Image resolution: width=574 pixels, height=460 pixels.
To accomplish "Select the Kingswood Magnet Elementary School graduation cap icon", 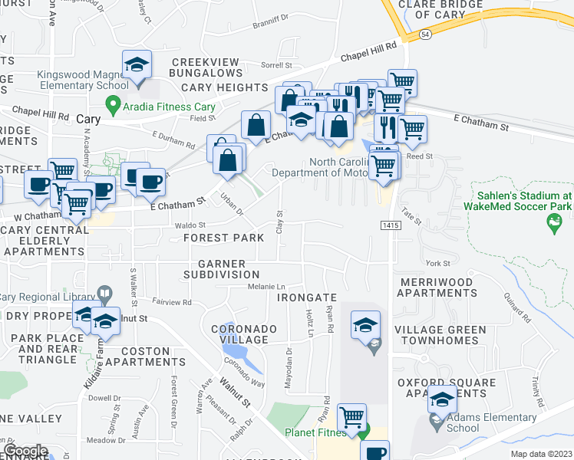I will pos(137,65).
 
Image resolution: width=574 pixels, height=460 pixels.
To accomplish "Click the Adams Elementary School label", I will pos(491,423).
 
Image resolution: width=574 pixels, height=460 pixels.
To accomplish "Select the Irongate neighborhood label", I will pos(307,297).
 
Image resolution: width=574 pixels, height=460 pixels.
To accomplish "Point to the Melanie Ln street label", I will pos(266,287).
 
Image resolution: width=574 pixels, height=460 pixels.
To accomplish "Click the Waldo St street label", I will pos(190,225).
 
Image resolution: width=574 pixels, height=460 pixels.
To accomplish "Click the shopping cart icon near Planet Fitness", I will pos(351,419).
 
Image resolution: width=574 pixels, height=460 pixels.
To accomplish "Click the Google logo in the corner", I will pos(26,451).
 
